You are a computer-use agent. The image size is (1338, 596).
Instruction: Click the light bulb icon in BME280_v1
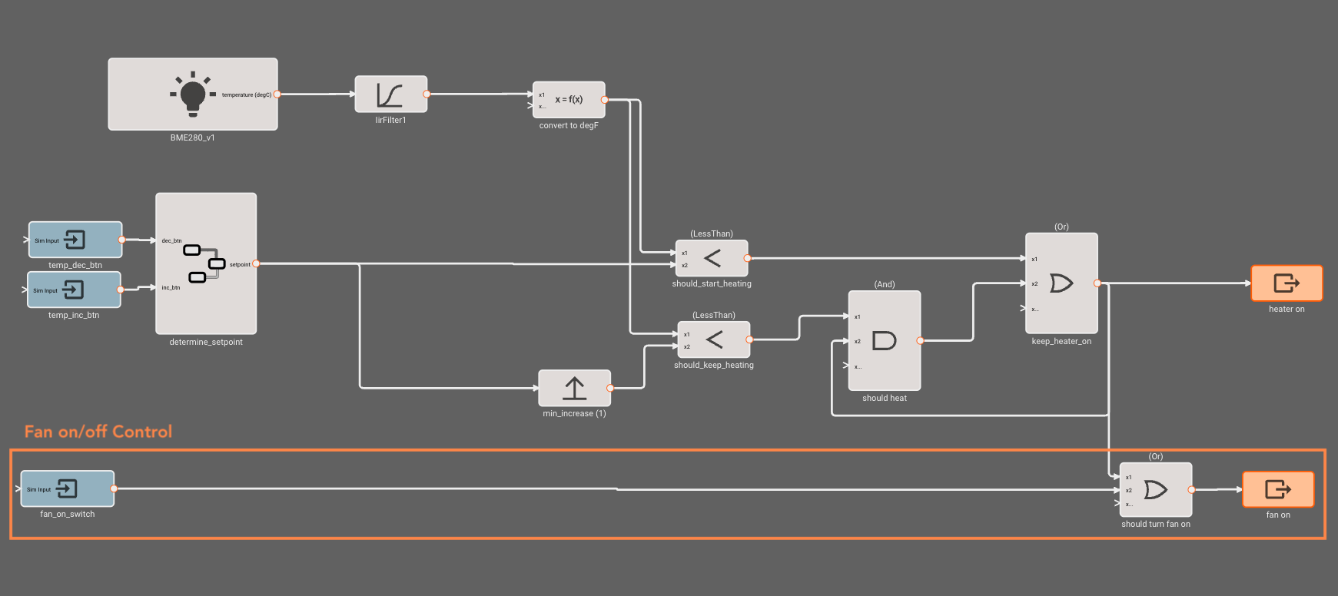tap(192, 94)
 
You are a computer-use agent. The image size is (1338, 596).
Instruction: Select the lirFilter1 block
tap(390, 94)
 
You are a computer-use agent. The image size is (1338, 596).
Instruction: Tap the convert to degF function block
tap(569, 100)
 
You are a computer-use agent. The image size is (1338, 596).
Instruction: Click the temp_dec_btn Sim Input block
tap(75, 240)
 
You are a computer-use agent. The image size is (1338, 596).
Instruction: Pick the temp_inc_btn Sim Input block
tap(74, 290)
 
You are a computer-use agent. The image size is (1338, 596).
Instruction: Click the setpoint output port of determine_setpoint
tap(256, 263)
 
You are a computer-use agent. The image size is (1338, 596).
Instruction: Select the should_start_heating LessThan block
tap(712, 258)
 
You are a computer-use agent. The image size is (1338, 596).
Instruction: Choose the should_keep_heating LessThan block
tap(714, 339)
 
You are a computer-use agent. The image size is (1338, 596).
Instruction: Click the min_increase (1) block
tap(574, 389)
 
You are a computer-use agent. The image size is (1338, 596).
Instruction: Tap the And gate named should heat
tap(885, 340)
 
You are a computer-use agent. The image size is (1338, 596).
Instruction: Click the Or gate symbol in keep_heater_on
tap(1061, 283)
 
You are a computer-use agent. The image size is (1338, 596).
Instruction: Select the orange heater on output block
tap(1287, 283)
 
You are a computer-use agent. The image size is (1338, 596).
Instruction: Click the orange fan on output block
tap(1278, 489)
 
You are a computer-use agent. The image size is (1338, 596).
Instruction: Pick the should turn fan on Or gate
tap(1156, 489)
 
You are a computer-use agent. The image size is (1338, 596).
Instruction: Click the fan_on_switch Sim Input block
tap(68, 488)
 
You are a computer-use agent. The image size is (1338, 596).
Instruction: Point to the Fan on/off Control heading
tap(98, 432)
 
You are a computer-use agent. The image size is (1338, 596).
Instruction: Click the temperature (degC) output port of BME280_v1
tap(277, 94)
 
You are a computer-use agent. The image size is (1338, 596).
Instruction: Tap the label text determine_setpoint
tap(206, 342)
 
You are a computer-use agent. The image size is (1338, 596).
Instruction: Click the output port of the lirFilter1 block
tap(427, 94)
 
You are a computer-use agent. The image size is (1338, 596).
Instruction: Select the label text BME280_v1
tap(192, 137)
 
